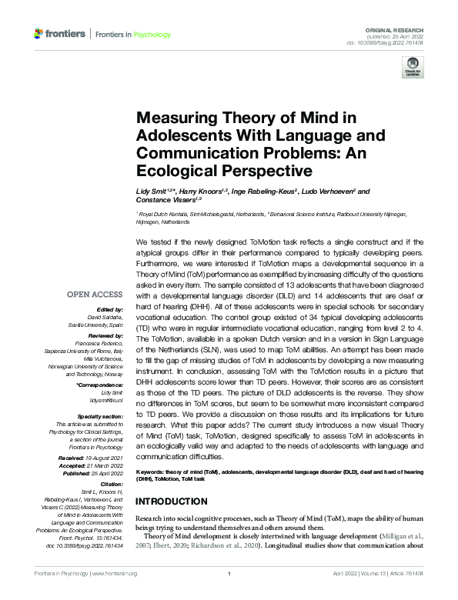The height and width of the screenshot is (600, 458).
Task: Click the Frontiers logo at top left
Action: pyautogui.click(x=59, y=34)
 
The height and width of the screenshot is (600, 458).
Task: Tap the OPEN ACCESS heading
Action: pyautogui.click(x=94, y=295)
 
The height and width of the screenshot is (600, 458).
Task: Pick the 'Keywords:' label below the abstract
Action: pyautogui.click(x=150, y=470)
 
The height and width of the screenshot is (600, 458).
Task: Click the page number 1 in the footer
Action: pyautogui.click(x=229, y=573)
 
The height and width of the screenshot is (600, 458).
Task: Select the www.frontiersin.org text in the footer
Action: pyautogui.click(x=115, y=573)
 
